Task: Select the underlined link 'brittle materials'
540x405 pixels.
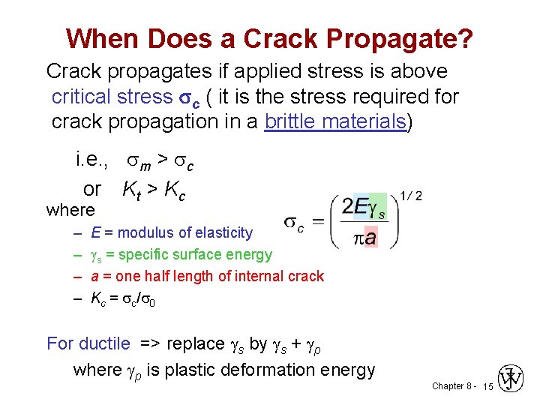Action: pos(335,121)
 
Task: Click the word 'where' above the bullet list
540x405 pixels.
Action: pos(70,211)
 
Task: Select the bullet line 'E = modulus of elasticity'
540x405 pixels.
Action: pos(172,232)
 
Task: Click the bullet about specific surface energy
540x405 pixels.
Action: pos(181,254)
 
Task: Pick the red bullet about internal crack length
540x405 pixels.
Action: pos(207,276)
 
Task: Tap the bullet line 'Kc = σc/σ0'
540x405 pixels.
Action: pos(124,298)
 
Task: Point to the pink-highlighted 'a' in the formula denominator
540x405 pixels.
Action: pos(370,238)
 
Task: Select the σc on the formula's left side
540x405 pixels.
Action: pos(294,223)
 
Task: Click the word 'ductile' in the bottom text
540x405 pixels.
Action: pos(104,343)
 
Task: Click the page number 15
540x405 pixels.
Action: pos(487,386)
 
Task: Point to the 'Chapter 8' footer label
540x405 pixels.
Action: pos(451,386)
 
